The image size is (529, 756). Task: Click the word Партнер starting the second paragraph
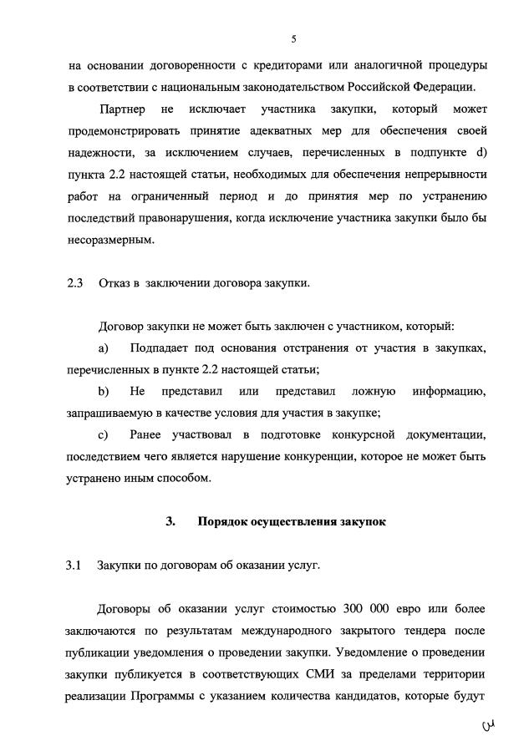[122, 109]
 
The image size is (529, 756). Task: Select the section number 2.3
[75, 282]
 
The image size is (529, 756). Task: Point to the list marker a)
[104, 347]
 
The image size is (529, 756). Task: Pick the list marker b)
[104, 391]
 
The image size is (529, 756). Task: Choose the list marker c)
[104, 434]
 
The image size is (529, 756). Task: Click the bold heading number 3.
[170, 521]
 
